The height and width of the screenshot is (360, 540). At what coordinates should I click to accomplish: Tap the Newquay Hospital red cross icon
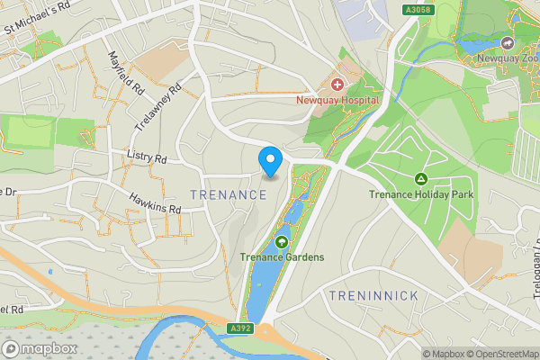(337, 84)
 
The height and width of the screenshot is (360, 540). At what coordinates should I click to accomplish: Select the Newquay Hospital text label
(337, 100)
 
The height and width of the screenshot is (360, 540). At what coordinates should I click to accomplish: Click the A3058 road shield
(416, 8)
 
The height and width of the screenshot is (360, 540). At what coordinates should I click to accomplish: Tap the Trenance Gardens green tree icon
(282, 241)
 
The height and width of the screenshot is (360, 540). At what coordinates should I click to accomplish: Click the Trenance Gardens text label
(282, 257)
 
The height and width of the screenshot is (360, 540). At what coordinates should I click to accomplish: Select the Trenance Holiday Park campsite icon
(420, 178)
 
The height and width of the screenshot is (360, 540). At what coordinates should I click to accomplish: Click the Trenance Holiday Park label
(420, 194)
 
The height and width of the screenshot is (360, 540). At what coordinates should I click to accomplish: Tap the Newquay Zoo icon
(508, 42)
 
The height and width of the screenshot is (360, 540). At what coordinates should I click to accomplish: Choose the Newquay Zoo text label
(508, 58)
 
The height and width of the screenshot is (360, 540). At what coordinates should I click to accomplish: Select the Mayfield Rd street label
(127, 75)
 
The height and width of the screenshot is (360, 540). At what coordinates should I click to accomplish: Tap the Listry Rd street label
(148, 158)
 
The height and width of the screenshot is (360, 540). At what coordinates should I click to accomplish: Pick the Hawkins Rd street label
(155, 202)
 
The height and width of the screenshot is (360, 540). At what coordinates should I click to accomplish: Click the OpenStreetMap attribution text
(498, 354)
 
